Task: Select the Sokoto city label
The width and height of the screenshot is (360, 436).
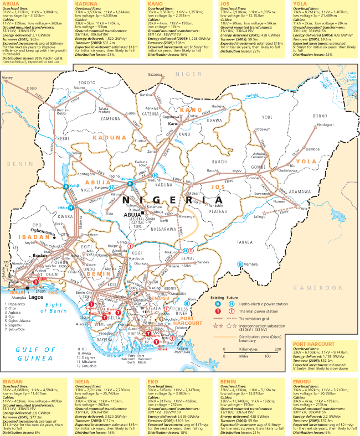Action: point(79,88)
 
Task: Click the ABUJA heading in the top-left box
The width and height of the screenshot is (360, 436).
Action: point(11,3)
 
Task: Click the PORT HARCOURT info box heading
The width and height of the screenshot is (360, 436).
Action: point(313,344)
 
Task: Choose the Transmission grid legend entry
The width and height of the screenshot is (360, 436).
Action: point(258,319)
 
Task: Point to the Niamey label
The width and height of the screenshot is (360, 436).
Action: point(7,79)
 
